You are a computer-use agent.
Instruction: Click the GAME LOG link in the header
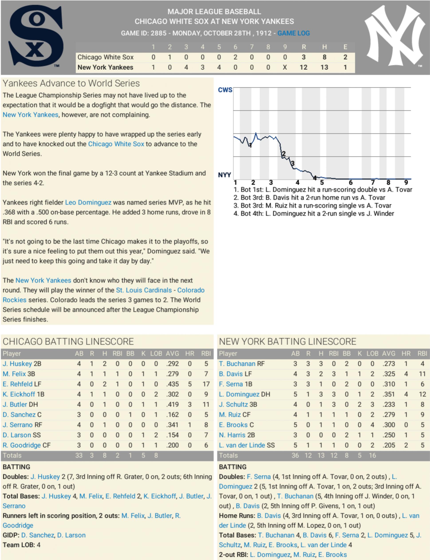click(x=293, y=33)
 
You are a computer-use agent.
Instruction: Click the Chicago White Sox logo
click(x=36, y=36)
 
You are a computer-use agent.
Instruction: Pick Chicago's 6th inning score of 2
click(x=235, y=57)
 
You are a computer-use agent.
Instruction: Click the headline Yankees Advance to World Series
click(x=71, y=83)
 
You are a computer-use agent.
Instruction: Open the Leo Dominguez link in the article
click(x=88, y=203)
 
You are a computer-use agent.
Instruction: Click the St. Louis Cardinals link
click(x=144, y=290)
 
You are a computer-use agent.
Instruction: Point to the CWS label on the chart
click(x=225, y=90)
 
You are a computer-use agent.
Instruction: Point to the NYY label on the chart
click(x=224, y=175)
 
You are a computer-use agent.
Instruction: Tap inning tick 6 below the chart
click(x=351, y=182)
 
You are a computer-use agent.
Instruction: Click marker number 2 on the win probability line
click(x=284, y=154)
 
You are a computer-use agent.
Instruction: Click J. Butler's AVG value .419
click(x=172, y=404)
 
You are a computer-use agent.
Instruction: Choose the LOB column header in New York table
click(x=372, y=354)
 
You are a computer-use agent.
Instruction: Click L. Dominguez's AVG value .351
click(x=389, y=394)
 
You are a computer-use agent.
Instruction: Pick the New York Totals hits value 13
click(x=321, y=455)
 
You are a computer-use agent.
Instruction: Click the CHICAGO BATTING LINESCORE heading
click(x=68, y=342)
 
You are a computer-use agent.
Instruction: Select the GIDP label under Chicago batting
click(x=10, y=535)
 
